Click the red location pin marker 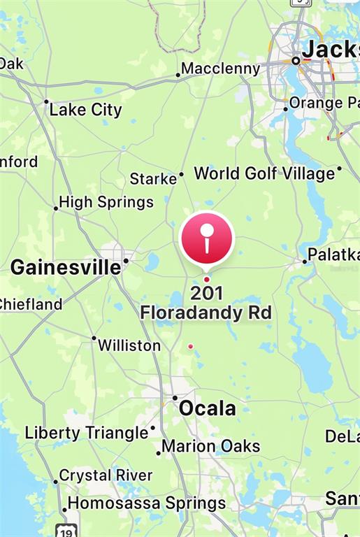pyautogui.click(x=206, y=238)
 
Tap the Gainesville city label pyautogui.click(x=66, y=267)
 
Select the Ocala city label pyautogui.click(x=208, y=408)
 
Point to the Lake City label pyautogui.click(x=85, y=110)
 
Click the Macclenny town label pyautogui.click(x=221, y=69)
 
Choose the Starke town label pyautogui.click(x=153, y=179)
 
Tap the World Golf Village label pyautogui.click(x=264, y=173)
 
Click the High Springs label pyautogui.click(x=106, y=202)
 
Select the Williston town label pyautogui.click(x=129, y=345)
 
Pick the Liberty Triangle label pyautogui.click(x=87, y=433)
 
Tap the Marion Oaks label pyautogui.click(x=211, y=446)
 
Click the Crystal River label pyautogui.click(x=106, y=475)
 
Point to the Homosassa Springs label pyautogui.click(x=147, y=503)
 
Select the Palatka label pyautogui.click(x=334, y=255)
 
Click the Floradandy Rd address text pyautogui.click(x=206, y=312)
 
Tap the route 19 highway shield pyautogui.click(x=66, y=529)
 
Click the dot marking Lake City pyautogui.click(x=46, y=101)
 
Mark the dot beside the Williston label pyautogui.click(x=94, y=338)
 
